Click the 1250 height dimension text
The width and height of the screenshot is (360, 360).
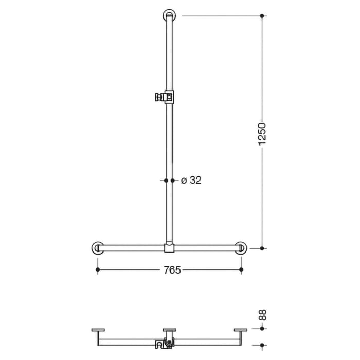tap(262, 133)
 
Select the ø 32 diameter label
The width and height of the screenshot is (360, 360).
tap(191, 181)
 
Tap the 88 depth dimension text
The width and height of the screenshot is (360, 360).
tap(262, 315)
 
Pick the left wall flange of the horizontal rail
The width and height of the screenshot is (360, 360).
tap(98, 248)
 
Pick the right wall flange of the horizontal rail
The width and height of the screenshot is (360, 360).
tap(240, 248)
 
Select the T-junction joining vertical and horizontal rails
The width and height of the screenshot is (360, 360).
tap(169, 248)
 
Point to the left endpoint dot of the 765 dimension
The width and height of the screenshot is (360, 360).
tap(98, 269)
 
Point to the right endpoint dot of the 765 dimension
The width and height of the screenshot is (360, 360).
tap(241, 269)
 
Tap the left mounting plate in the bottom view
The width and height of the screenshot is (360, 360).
tap(98, 330)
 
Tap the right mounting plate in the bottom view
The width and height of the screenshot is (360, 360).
tap(240, 330)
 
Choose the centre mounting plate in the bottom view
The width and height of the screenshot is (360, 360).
tap(169, 330)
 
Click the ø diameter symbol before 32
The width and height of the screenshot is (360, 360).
tap(183, 181)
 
